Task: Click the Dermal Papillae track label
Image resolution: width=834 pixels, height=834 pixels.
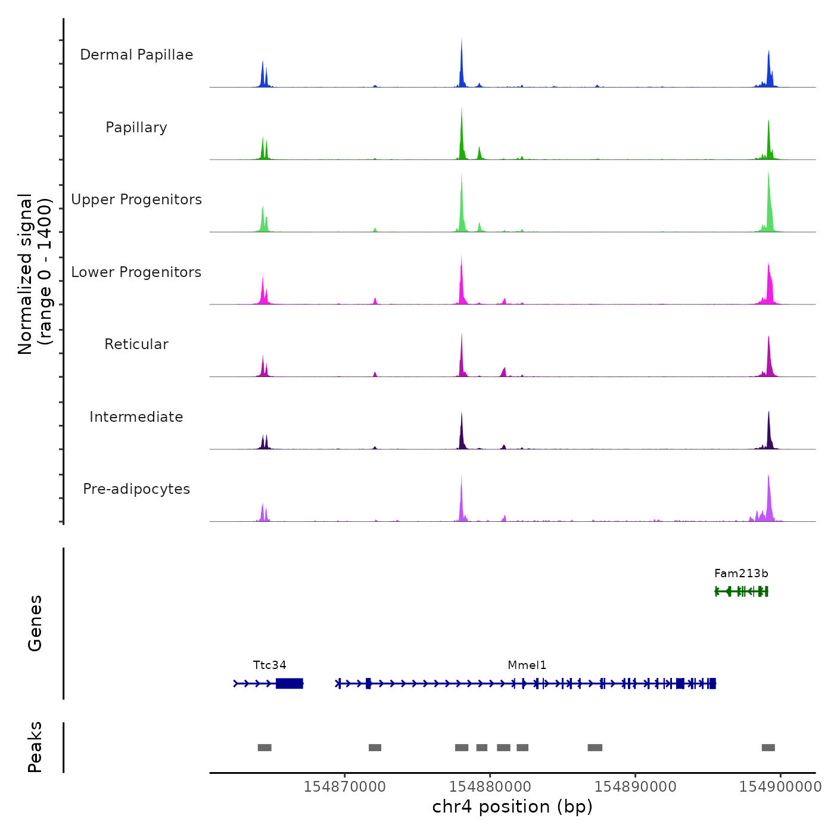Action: click(136, 55)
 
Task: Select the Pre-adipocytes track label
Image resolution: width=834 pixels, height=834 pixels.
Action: click(136, 489)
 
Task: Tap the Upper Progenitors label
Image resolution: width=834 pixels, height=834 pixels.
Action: click(136, 200)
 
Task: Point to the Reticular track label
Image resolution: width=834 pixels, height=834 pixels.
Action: click(136, 344)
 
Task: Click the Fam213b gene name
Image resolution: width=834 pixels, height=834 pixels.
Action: click(741, 574)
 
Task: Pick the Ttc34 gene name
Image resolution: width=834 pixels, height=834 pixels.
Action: click(269, 665)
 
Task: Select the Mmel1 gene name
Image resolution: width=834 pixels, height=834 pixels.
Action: click(527, 665)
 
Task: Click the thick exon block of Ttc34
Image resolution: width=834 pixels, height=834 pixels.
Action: click(290, 683)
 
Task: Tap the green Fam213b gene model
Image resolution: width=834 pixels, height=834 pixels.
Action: click(742, 591)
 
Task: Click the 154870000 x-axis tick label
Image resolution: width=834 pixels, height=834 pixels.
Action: click(344, 787)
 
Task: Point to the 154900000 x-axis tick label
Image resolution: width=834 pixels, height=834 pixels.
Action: click(780, 787)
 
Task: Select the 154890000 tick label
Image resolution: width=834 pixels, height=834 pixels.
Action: click(635, 787)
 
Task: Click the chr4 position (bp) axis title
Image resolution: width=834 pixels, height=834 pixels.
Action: click(512, 807)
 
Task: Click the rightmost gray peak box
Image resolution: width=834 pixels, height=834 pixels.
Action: click(768, 748)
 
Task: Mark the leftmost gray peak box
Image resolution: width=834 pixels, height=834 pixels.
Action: click(264, 748)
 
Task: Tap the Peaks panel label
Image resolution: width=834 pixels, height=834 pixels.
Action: click(35, 747)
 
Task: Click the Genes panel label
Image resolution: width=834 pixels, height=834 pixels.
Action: click(35, 623)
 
